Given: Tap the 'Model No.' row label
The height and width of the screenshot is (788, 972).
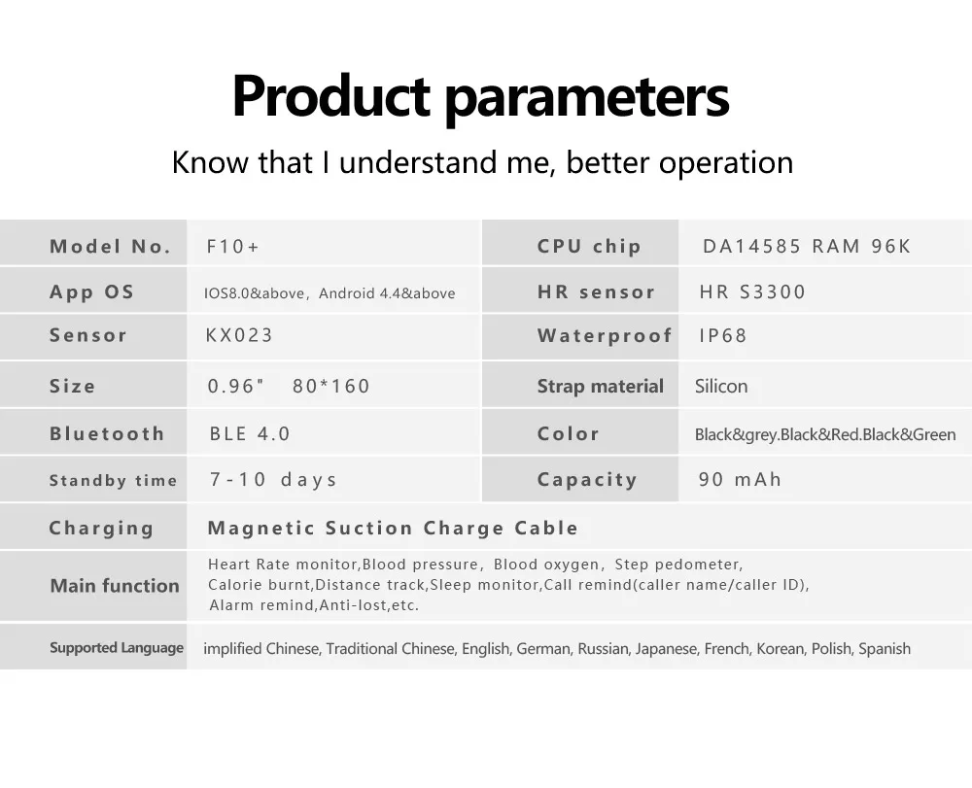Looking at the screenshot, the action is [x=111, y=247].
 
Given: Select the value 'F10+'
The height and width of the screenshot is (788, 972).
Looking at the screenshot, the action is [x=232, y=247].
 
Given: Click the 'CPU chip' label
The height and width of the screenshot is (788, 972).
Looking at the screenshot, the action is [x=589, y=247].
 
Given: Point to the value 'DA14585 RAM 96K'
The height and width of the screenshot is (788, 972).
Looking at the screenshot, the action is [x=807, y=247].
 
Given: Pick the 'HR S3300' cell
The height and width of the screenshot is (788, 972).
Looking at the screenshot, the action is [x=752, y=291].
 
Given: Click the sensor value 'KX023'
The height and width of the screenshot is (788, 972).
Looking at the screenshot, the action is [x=239, y=335].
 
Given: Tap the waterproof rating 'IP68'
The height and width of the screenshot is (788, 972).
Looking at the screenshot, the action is [x=723, y=336].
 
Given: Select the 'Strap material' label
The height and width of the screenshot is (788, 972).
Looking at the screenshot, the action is [x=600, y=386].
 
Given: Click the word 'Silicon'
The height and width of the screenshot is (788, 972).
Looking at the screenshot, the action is [x=721, y=386].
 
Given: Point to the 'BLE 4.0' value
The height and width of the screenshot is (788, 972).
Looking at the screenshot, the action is [x=250, y=433].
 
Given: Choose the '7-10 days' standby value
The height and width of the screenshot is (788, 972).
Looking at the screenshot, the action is [x=273, y=479].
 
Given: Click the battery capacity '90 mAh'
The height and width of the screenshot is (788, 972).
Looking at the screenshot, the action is [x=740, y=479].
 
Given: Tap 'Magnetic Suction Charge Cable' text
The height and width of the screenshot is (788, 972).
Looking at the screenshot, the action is [x=393, y=528].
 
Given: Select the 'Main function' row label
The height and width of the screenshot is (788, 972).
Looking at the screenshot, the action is [x=115, y=586].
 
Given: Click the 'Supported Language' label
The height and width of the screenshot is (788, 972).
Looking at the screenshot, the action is [x=117, y=648].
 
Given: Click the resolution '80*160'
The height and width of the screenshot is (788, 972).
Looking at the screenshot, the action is [x=331, y=386].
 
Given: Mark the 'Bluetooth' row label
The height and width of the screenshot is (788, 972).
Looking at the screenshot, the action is [x=107, y=433].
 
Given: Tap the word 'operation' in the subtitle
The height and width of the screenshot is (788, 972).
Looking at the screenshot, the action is [x=726, y=163].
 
